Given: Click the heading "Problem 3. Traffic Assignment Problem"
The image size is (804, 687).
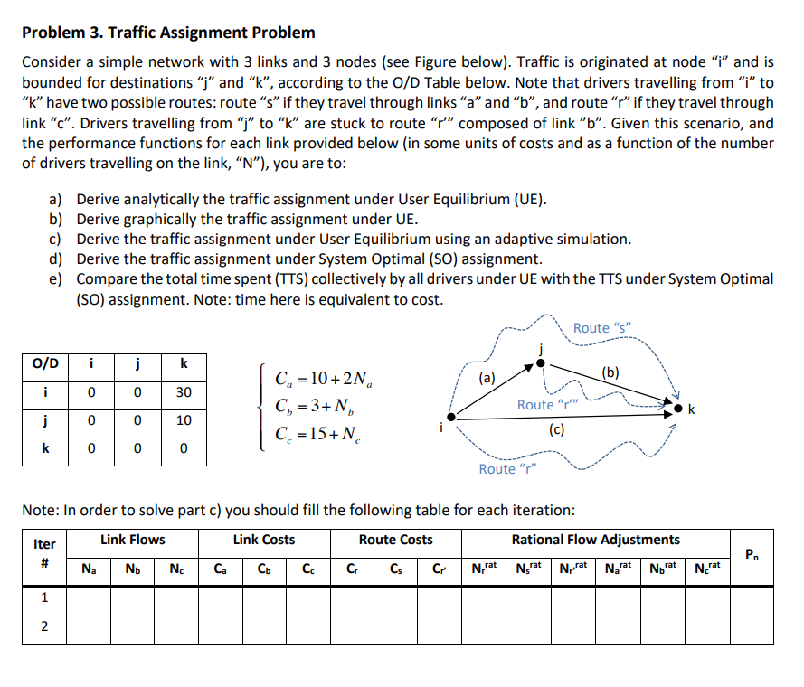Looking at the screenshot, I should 168,33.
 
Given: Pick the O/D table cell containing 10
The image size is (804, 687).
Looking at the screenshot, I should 184,420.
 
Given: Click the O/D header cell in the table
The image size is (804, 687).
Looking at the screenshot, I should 45,364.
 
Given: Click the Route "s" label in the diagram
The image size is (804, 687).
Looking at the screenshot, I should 601,327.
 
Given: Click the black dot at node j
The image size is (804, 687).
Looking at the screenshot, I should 541,362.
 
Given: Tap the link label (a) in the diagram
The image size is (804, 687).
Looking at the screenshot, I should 487,378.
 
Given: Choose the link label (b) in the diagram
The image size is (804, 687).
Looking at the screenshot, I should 610,372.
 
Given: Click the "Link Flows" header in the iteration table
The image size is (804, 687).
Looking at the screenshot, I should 133,540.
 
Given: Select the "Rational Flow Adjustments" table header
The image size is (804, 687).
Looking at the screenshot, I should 595,540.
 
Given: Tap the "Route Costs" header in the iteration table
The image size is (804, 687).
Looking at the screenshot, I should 395,540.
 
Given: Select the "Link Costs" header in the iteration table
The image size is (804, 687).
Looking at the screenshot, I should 263,540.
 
